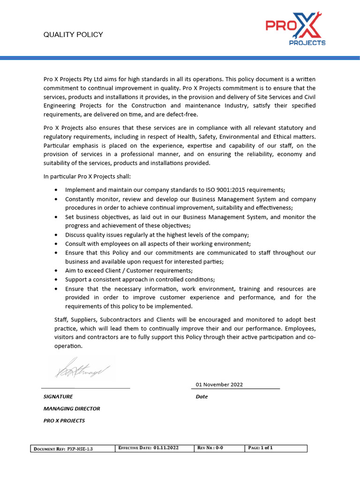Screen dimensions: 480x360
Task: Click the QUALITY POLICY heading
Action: [73, 35]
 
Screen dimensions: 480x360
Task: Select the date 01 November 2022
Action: [219, 384]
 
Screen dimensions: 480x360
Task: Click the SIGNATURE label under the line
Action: [58, 397]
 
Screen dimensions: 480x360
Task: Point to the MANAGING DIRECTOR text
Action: [72, 409]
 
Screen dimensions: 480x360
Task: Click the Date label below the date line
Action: [202, 397]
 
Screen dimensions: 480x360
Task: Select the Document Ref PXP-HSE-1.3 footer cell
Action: [73, 449]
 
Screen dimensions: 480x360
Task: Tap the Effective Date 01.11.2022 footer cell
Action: [155, 448]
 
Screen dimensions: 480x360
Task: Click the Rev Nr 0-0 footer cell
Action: [219, 448]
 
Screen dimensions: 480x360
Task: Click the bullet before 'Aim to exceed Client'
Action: [56, 271]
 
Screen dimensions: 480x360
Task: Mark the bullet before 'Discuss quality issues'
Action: [56, 235]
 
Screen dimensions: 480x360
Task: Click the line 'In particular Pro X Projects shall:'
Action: [87, 176]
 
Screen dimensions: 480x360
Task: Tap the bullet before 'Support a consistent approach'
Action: [56, 280]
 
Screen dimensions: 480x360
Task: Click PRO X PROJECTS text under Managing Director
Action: [64, 421]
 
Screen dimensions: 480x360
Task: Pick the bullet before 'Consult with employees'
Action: [56, 244]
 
